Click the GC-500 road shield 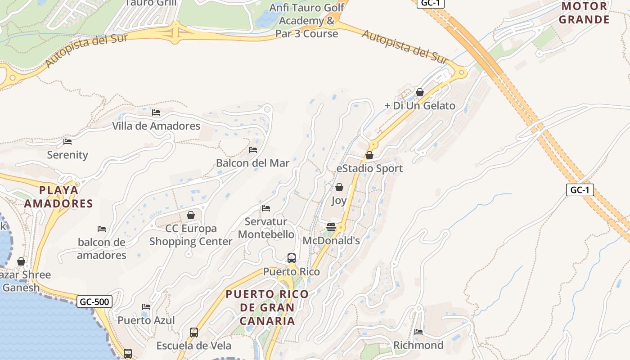[x=94, y=301]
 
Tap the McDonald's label [x=331, y=241]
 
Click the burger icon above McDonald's [x=331, y=227]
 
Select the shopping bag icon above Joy [x=339, y=187]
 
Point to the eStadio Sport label [x=369, y=168]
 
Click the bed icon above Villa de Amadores [x=156, y=112]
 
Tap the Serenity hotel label [x=67, y=155]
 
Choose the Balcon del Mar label [x=252, y=163]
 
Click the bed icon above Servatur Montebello [x=266, y=208]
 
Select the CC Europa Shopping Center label [x=191, y=235]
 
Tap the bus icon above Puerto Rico [x=292, y=258]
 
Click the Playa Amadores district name [x=58, y=197]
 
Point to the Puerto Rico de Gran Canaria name [x=267, y=307]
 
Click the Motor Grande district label [x=584, y=13]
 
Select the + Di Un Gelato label [x=419, y=106]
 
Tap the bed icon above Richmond [x=418, y=332]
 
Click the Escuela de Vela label [x=193, y=346]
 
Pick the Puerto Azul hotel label [x=146, y=320]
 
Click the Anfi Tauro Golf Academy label [x=307, y=21]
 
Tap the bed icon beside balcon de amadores [x=102, y=229]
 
